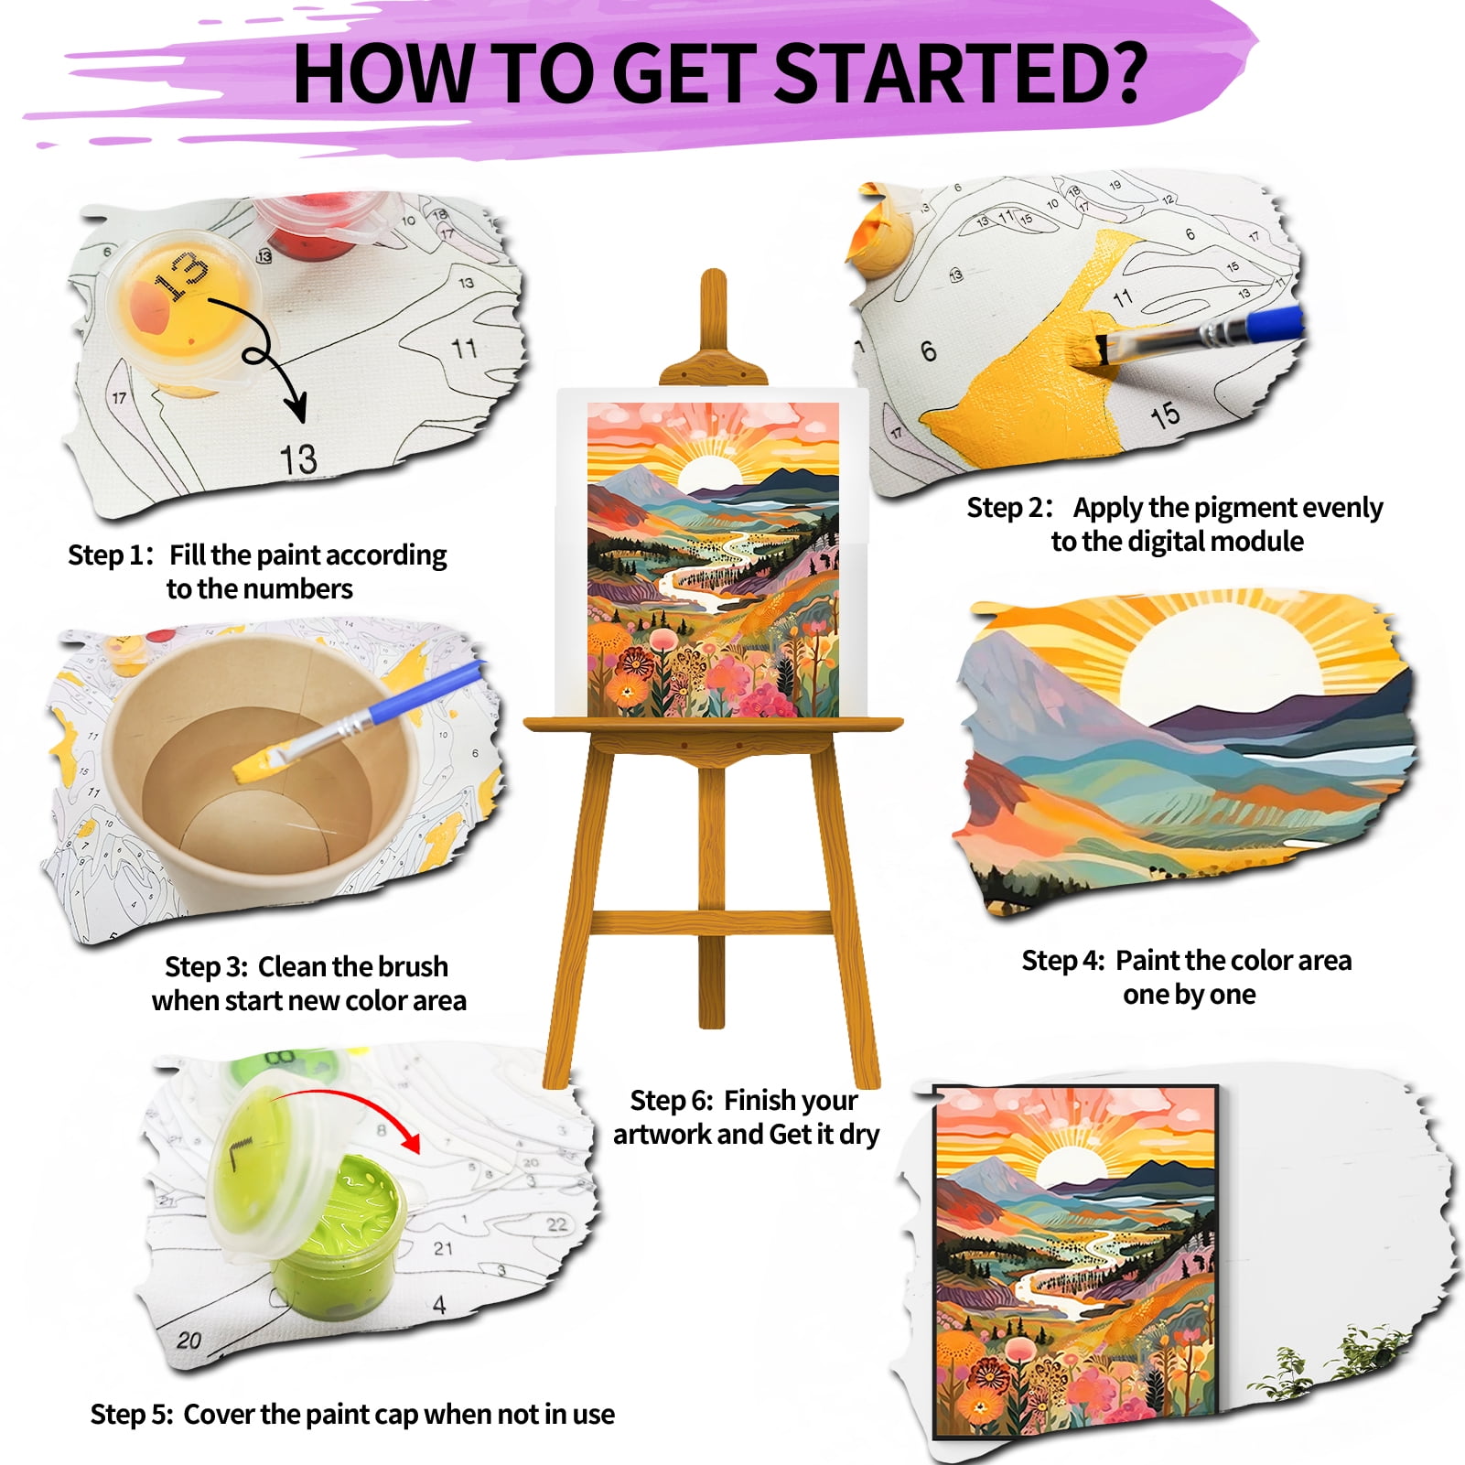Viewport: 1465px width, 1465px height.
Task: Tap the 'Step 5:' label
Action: (x=132, y=1415)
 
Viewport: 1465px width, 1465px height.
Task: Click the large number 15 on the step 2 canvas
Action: (x=1165, y=416)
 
